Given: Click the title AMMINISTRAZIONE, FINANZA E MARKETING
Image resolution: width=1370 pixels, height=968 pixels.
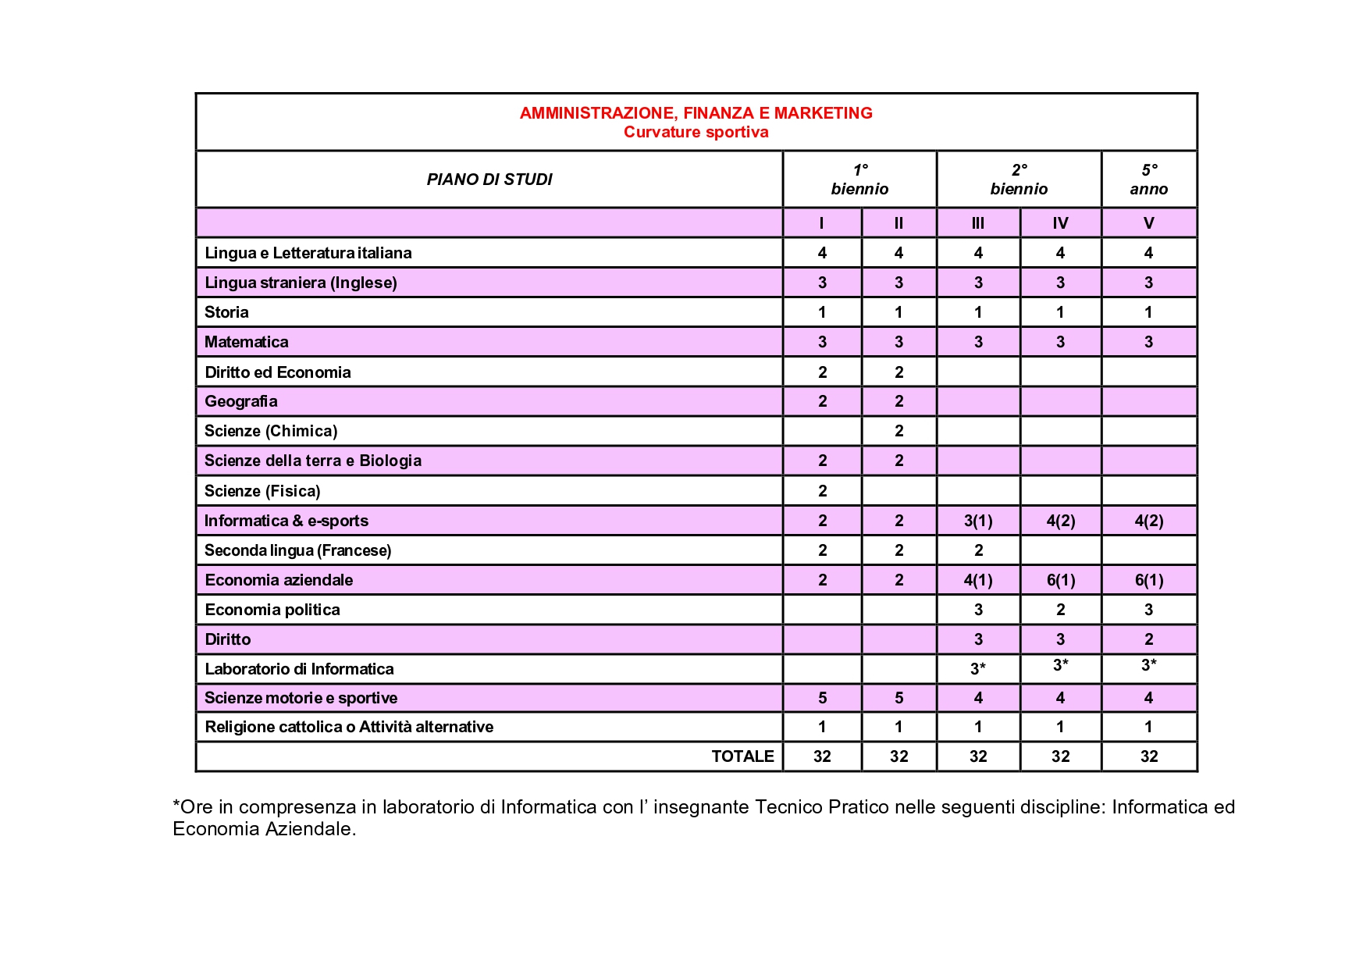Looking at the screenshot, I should (x=696, y=113).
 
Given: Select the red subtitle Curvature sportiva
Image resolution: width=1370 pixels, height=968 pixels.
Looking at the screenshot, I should (x=696, y=132).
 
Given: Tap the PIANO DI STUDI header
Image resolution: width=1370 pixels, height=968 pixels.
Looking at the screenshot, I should (x=489, y=180).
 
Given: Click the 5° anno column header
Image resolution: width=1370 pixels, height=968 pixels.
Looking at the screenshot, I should (x=1148, y=180).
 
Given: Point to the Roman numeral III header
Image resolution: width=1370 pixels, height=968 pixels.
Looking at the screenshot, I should (x=977, y=223).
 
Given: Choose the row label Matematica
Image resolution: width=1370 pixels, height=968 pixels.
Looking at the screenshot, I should (x=246, y=342).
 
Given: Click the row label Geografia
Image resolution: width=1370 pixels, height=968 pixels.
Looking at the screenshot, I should (x=240, y=401).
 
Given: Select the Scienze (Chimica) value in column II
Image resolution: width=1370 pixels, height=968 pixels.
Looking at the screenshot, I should (x=899, y=431).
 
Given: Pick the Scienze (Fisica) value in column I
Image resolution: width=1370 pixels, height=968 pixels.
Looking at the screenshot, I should (x=822, y=491).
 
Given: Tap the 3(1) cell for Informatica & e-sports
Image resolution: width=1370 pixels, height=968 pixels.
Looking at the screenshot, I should (x=977, y=521).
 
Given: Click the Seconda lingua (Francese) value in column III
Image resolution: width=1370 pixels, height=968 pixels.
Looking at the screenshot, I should (x=978, y=550).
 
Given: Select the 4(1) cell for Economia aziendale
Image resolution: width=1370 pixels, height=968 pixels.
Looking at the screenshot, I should (x=977, y=580).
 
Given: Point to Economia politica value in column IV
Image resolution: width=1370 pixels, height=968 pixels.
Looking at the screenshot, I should (x=1060, y=610).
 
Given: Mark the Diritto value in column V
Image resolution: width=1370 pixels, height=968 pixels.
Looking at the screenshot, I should (x=1148, y=639).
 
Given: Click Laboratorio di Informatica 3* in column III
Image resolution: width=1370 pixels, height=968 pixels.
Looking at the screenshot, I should (x=977, y=668).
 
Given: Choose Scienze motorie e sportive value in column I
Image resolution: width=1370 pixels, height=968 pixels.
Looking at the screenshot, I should (x=822, y=698).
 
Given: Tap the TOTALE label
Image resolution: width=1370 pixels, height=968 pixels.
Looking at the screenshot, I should (x=742, y=756).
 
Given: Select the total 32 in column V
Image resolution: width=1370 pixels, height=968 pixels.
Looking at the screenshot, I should (x=1148, y=756).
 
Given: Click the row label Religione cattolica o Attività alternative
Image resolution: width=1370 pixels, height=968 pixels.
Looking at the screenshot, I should (x=348, y=727).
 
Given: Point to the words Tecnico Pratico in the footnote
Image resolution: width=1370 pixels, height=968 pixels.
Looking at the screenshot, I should (x=821, y=807).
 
